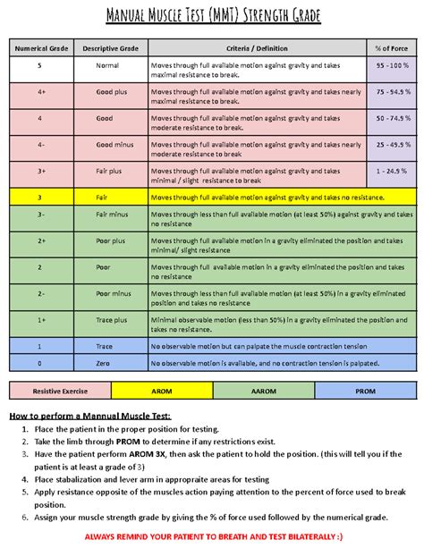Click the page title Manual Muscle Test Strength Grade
[212, 17]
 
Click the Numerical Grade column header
[39, 46]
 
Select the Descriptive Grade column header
[110, 46]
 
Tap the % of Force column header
[392, 46]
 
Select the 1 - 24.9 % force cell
[392, 170]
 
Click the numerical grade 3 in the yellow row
[39, 197]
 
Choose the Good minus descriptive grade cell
[110, 144]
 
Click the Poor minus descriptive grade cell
[110, 292]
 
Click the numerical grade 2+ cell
[39, 240]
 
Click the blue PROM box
[366, 391]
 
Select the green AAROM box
[265, 391]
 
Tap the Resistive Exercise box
[60, 391]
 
